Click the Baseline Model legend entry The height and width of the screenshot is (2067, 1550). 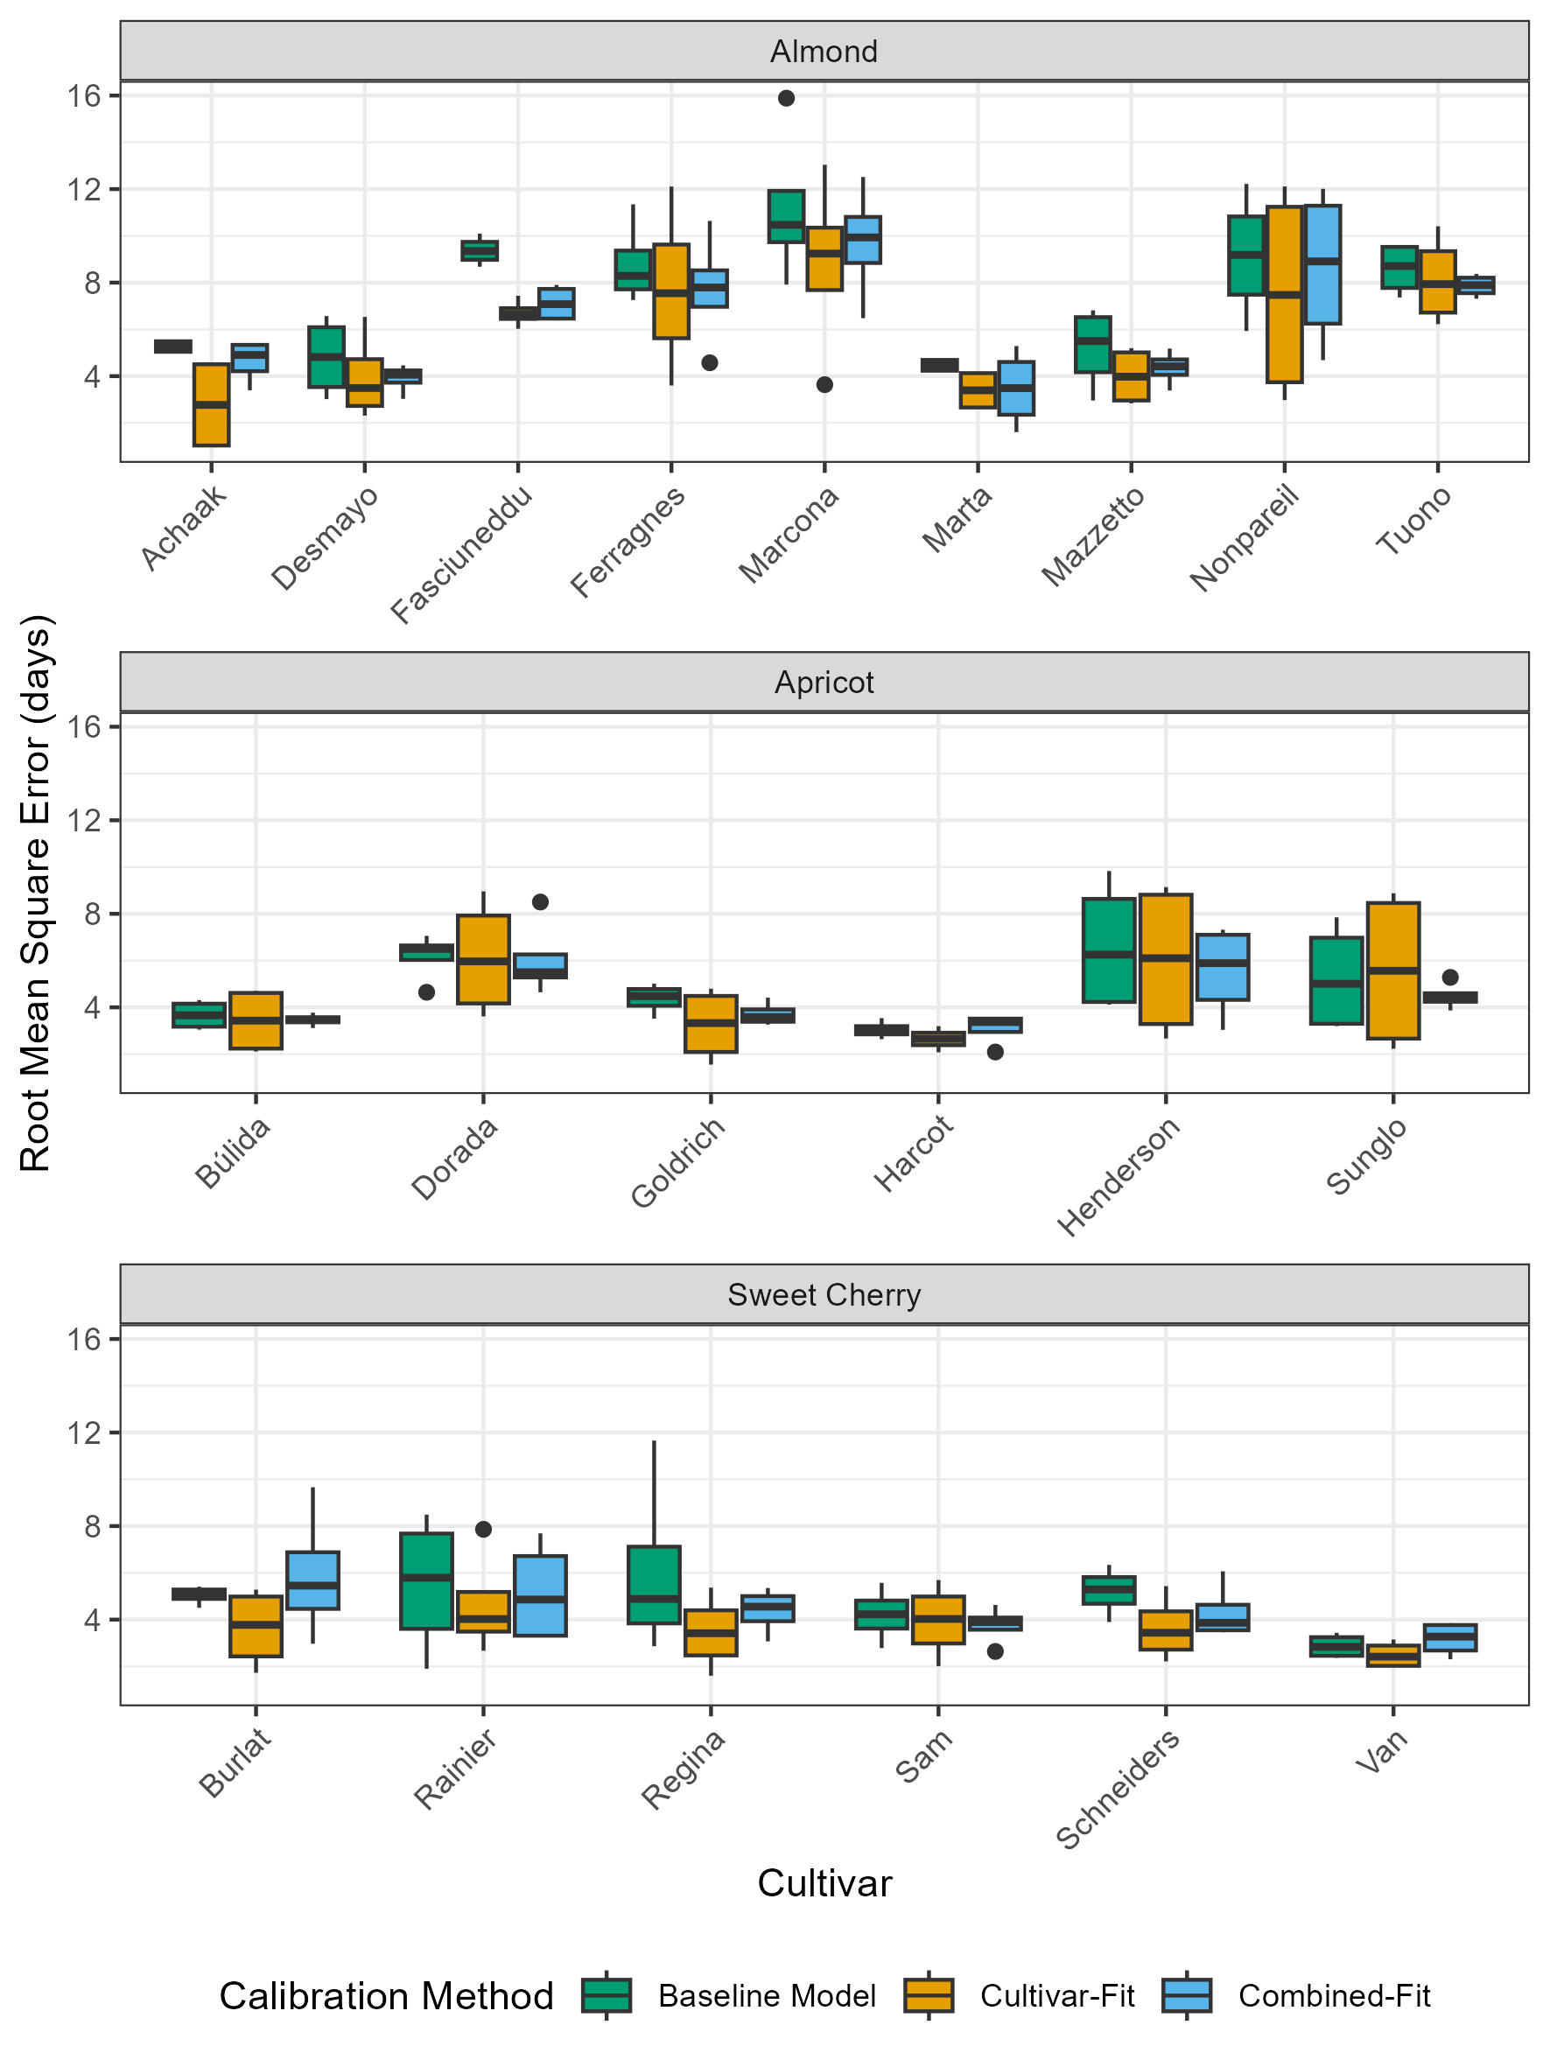pos(766,1996)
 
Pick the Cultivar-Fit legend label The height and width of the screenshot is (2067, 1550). pos(1056,1996)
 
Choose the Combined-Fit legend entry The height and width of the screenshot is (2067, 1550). pos(1333,1996)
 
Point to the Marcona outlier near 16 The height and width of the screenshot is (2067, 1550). pos(786,98)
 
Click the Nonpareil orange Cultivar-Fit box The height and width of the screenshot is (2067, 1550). pos(1284,294)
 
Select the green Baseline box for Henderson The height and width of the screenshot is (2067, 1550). pos(1108,950)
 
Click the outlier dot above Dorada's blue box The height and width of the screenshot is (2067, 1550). pos(540,901)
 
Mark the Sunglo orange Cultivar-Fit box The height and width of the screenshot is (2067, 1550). pos(1392,970)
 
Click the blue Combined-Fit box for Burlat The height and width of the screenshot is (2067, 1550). pos(312,1580)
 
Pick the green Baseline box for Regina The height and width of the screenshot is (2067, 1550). pos(653,1585)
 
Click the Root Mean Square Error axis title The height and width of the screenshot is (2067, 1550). pos(36,893)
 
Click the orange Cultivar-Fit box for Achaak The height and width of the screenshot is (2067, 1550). pos(211,404)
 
